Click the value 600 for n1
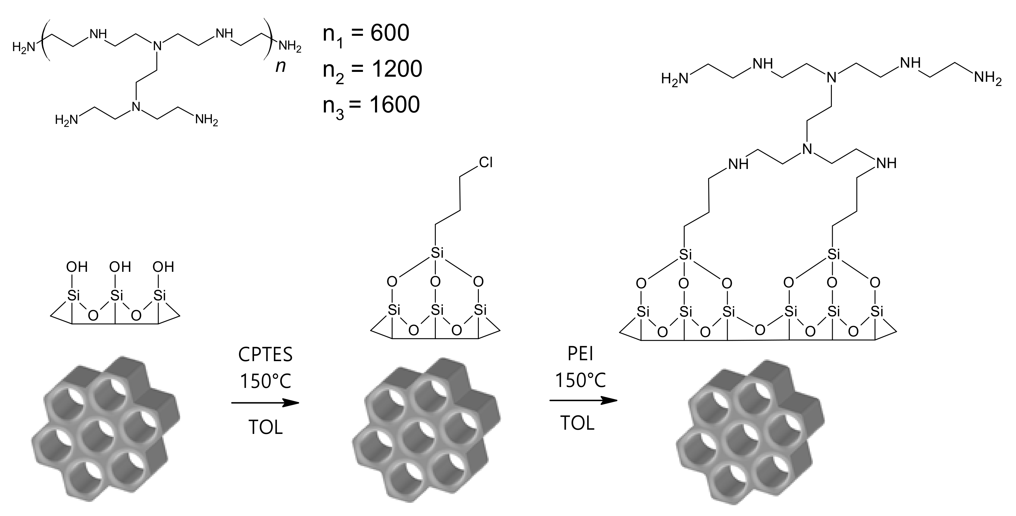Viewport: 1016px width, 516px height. point(390,33)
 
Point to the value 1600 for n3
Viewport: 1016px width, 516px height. point(395,105)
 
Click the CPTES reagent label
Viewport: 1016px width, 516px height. point(265,355)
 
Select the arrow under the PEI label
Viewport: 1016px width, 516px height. point(583,401)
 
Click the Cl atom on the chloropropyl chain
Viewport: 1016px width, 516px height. point(485,162)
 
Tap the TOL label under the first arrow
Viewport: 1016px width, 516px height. point(265,427)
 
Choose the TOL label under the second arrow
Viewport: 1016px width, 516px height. point(577,423)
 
